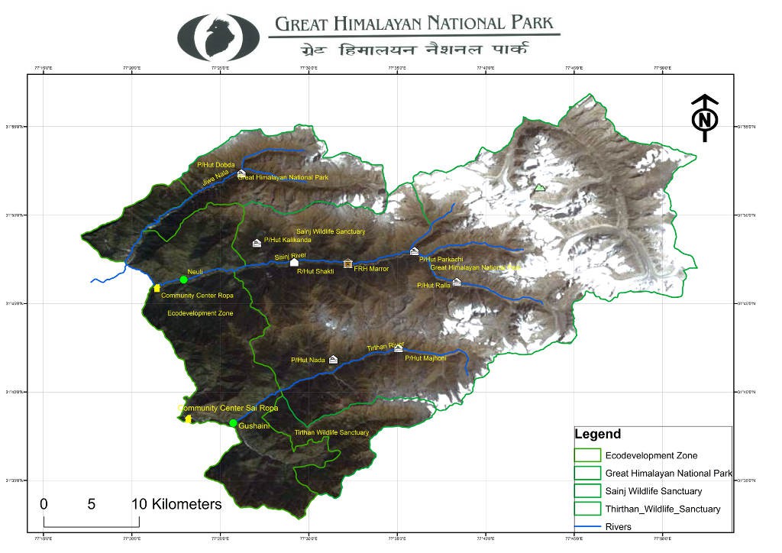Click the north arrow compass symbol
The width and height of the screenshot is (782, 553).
(x=706, y=118)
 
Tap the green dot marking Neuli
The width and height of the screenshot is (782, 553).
(x=183, y=280)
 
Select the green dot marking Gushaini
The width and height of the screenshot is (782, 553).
(x=233, y=423)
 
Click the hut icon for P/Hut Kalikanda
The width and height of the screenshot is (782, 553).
(x=257, y=243)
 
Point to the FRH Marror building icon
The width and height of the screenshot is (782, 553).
(x=348, y=264)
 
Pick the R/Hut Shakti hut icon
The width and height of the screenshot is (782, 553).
(x=294, y=262)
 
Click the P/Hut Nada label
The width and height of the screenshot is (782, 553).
(x=308, y=360)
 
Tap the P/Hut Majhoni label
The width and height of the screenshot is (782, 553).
(x=424, y=358)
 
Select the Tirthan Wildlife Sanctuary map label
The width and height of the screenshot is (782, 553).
(x=331, y=433)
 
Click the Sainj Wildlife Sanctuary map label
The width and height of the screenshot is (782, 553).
(x=330, y=231)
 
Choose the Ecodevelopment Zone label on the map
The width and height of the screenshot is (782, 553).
(x=200, y=313)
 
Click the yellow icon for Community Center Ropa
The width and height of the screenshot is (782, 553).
(x=157, y=288)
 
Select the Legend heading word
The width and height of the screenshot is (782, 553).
(x=597, y=435)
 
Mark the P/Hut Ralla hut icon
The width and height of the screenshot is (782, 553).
(x=457, y=282)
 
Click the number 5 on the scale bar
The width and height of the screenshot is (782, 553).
(x=92, y=504)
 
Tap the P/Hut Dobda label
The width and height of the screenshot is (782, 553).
(x=216, y=165)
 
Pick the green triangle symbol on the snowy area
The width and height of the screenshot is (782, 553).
(x=540, y=187)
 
